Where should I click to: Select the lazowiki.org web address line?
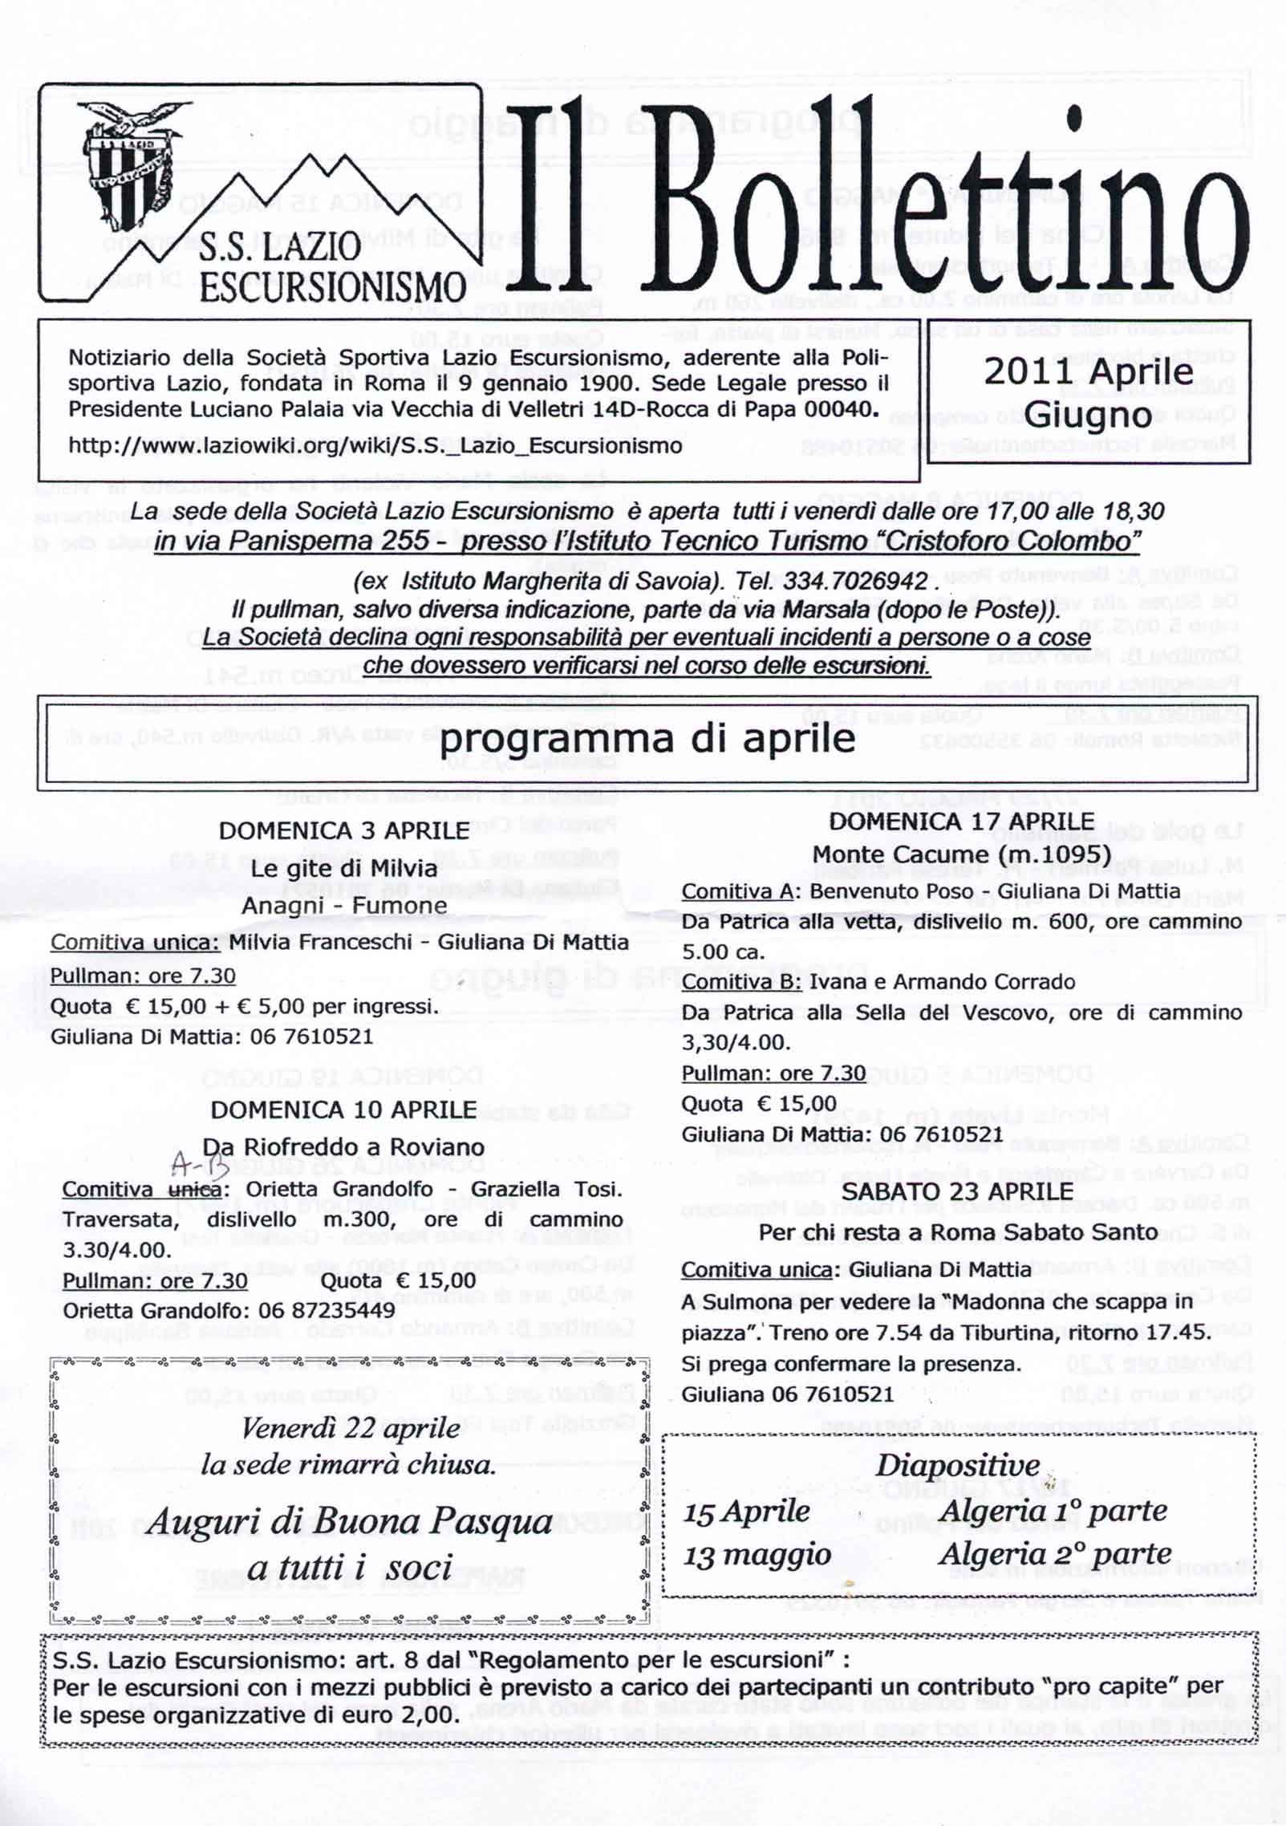[375, 446]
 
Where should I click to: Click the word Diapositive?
[957, 1465]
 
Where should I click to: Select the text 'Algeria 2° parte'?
[1055, 1554]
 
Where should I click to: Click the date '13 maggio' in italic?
[757, 1556]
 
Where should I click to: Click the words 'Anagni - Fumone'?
[344, 905]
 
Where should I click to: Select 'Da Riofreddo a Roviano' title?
[343, 1146]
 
